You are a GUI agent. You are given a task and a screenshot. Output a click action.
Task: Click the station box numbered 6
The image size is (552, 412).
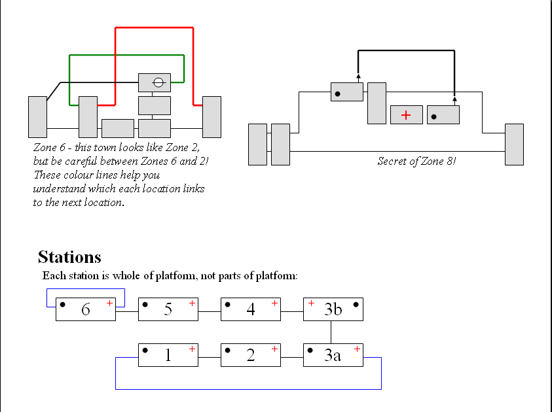(x=86, y=309)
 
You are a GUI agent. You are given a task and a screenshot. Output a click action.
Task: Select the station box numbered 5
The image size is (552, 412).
(x=168, y=309)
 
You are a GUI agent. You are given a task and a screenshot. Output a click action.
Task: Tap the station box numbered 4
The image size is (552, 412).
(x=251, y=309)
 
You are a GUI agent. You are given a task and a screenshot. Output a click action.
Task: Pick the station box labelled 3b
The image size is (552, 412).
(x=333, y=309)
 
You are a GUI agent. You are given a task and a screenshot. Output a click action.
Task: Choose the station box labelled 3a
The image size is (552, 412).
(x=333, y=355)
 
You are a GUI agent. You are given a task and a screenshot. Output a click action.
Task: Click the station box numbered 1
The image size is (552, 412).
(x=168, y=355)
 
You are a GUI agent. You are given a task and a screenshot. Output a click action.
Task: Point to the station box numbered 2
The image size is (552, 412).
(x=251, y=355)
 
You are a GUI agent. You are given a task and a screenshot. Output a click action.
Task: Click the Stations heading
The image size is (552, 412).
(x=69, y=256)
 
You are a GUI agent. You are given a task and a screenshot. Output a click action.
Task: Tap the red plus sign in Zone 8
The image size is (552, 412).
(x=406, y=115)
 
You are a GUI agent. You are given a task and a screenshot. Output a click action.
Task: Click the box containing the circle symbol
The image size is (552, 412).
(x=155, y=82)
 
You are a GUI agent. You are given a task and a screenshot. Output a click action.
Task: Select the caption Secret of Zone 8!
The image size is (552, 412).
(x=416, y=161)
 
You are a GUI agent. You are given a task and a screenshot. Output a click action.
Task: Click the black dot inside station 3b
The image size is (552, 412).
(x=356, y=304)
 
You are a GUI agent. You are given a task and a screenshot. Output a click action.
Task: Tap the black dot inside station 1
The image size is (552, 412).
(x=145, y=350)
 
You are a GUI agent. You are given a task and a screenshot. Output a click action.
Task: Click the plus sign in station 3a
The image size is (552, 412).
(x=357, y=349)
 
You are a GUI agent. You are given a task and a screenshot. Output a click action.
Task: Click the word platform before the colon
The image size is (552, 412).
(x=276, y=276)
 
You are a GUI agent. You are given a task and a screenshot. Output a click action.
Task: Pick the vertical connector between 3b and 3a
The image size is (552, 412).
(x=331, y=332)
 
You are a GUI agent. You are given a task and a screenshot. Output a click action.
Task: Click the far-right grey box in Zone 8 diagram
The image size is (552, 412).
(x=514, y=145)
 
